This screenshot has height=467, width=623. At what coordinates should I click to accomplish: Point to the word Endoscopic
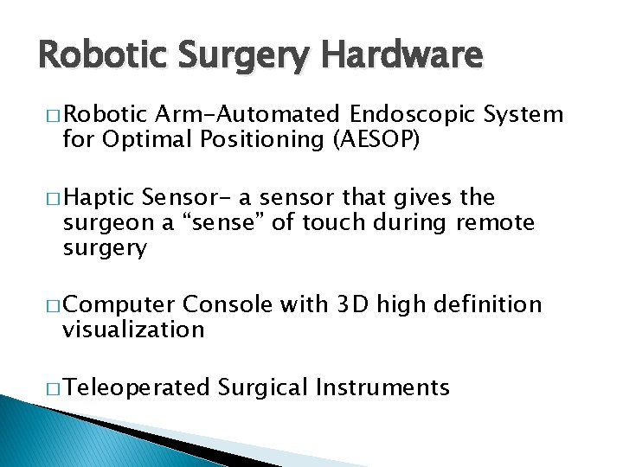(415, 115)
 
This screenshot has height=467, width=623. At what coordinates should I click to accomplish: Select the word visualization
(133, 329)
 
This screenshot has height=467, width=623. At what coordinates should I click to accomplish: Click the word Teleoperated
(137, 387)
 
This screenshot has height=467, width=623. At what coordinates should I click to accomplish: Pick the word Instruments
(382, 387)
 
